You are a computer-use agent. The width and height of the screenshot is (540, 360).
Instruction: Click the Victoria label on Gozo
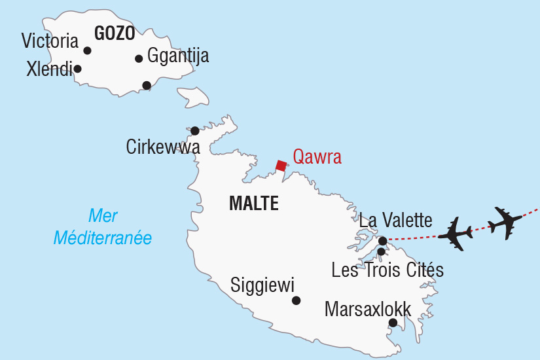point(50,41)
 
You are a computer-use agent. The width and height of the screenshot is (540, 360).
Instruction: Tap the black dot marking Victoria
point(87,50)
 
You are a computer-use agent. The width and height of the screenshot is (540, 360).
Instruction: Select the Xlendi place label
point(49,69)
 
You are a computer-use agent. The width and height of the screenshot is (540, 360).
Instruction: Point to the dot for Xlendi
point(77,69)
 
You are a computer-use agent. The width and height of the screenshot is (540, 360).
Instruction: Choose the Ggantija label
point(178,56)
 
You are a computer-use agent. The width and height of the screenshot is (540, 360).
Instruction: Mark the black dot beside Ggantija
point(139,59)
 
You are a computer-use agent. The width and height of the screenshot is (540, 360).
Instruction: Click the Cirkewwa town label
point(163,148)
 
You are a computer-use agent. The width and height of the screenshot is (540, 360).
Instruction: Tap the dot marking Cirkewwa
point(194,131)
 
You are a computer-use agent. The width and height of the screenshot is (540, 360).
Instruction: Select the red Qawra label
point(317,157)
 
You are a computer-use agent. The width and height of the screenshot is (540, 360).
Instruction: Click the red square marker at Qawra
point(281,166)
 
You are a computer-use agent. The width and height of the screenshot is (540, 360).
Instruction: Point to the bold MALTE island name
point(254,204)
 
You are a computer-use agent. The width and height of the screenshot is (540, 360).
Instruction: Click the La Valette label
point(395,221)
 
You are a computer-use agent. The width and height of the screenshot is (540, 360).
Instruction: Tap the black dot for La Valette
point(383,241)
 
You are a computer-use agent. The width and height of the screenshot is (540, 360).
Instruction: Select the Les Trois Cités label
point(387,270)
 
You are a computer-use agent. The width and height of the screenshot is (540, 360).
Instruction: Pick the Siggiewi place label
point(262,285)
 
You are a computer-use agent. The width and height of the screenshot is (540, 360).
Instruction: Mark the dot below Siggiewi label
point(296,300)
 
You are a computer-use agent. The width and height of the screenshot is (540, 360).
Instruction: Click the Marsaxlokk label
point(368,309)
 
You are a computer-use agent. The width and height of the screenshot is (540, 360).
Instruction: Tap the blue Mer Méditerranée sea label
point(103,226)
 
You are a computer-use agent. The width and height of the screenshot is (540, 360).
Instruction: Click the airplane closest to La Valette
point(456,233)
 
